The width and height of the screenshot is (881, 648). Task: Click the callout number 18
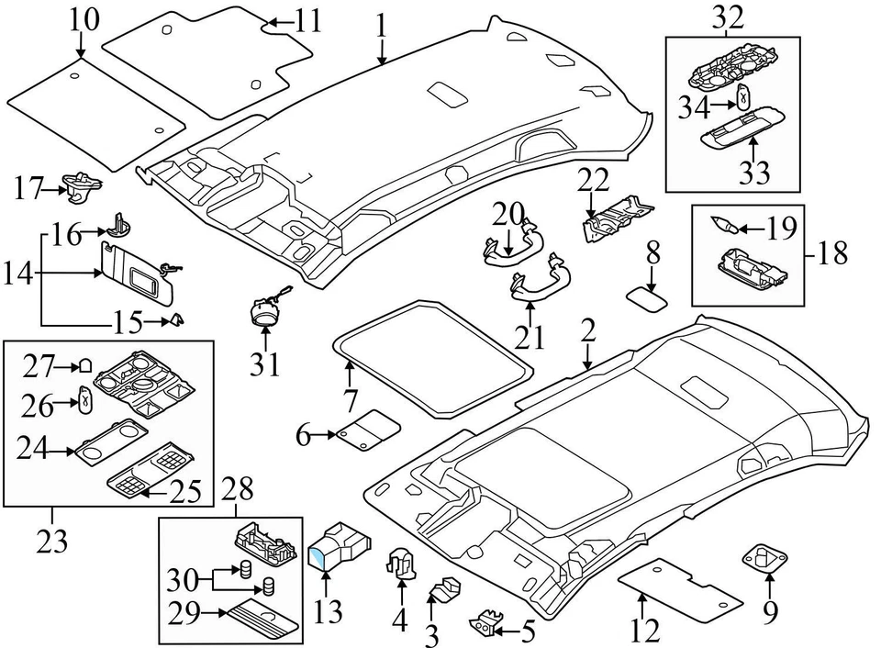point(833,254)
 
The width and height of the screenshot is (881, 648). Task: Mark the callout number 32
point(730,17)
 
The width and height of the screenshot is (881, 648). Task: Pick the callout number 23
point(51,542)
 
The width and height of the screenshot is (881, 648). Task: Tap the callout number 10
point(81,17)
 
